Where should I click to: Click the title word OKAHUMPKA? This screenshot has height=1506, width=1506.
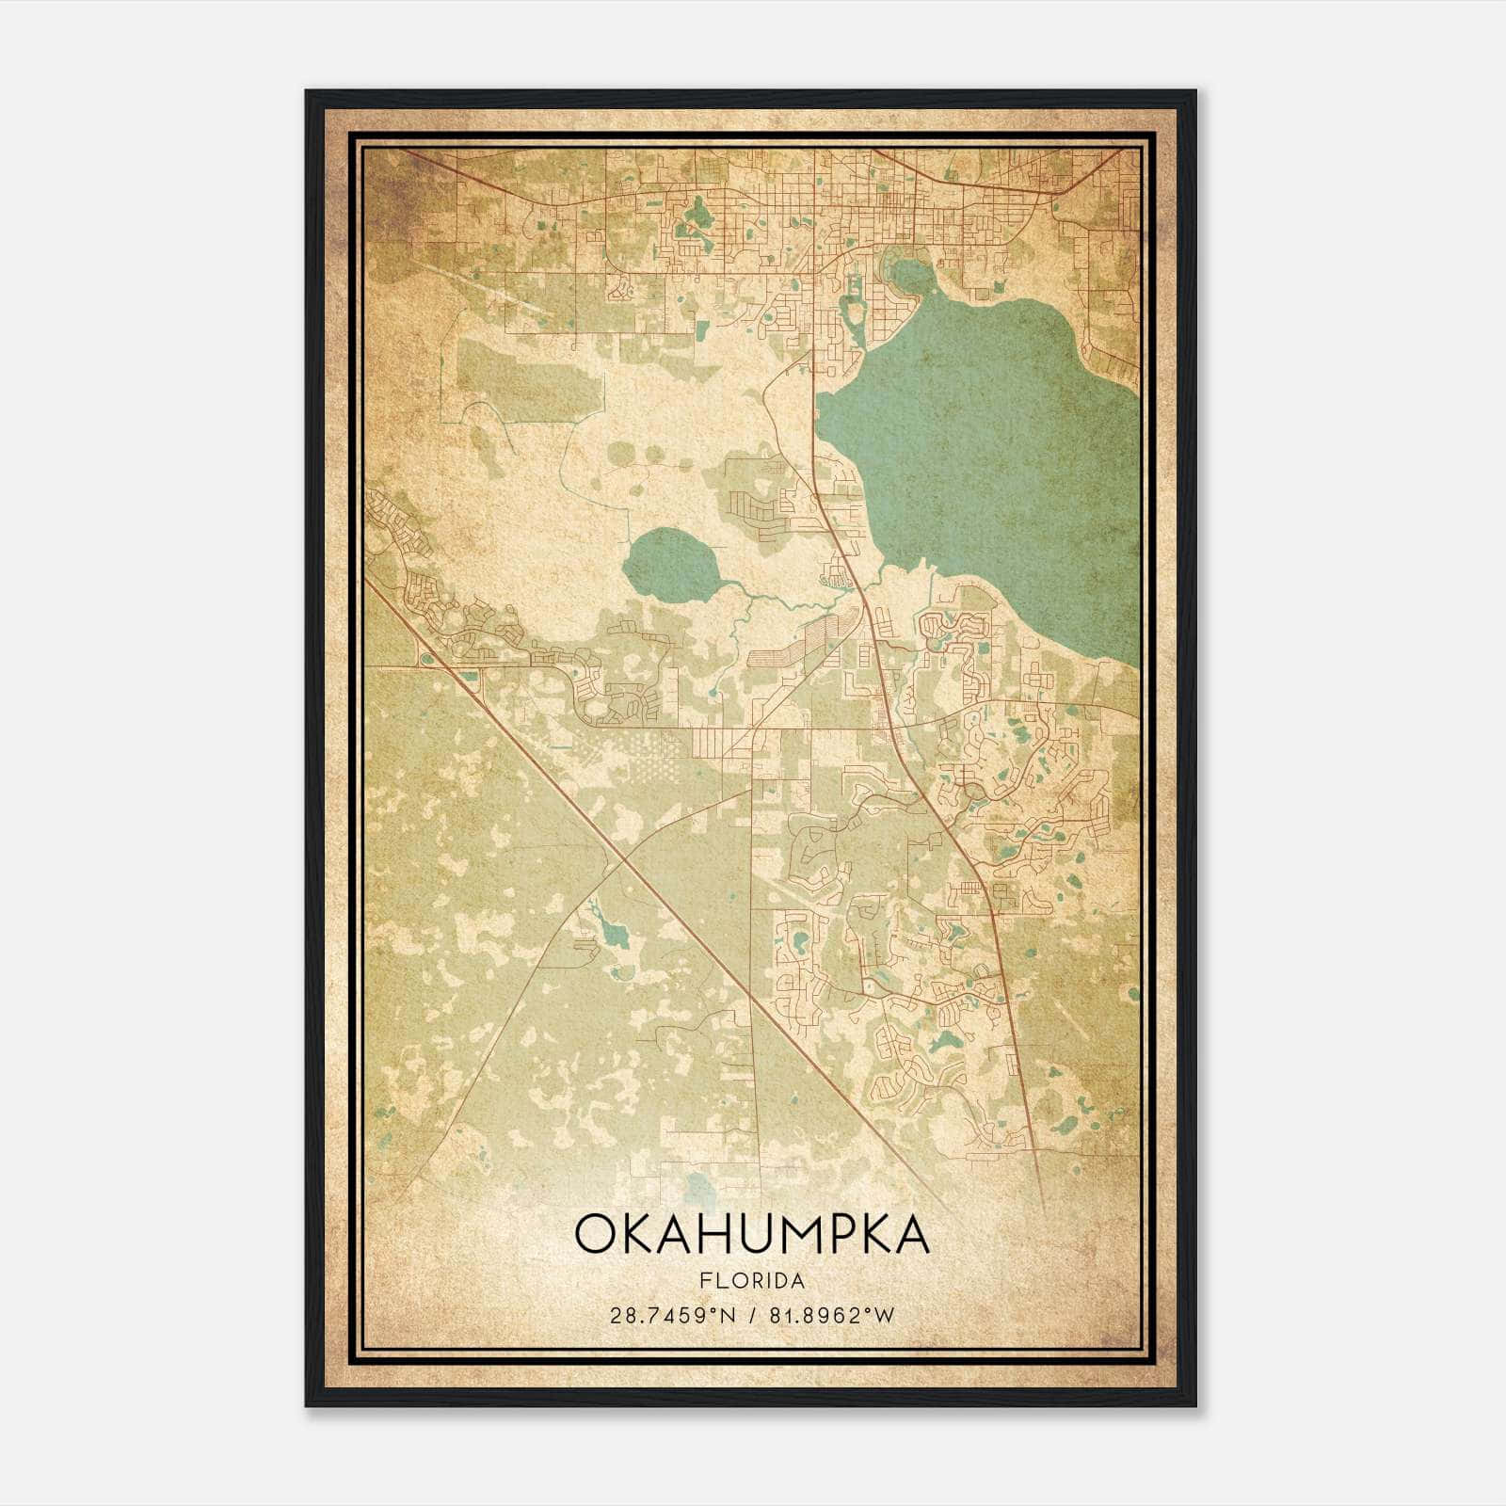pos(751,1235)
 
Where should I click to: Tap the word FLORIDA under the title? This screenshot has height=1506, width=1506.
pos(752,1281)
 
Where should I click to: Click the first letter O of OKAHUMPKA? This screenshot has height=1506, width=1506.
pos(596,1235)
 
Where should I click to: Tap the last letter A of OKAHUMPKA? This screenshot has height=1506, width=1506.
pos(910,1235)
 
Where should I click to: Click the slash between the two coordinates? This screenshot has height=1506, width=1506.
pos(752,1315)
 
